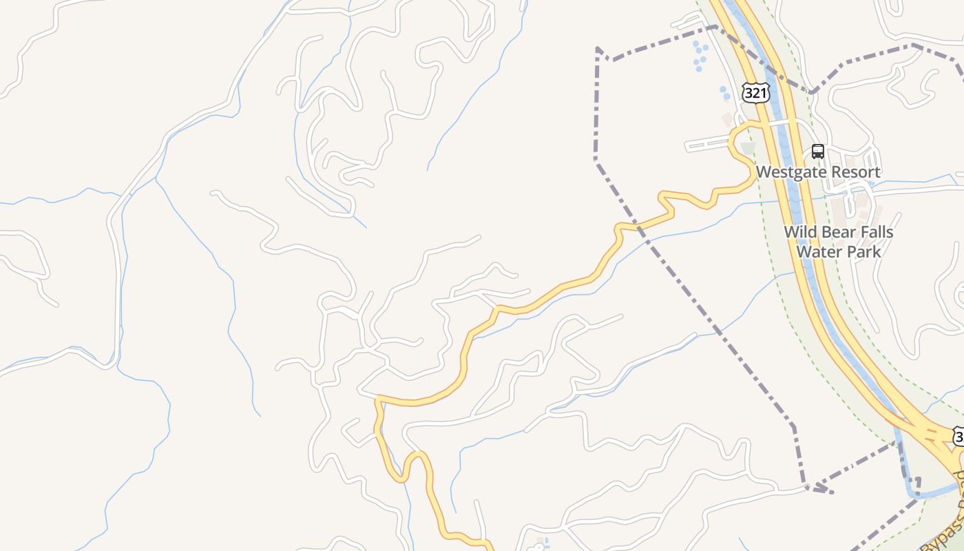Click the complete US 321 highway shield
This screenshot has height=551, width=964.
tap(756, 93)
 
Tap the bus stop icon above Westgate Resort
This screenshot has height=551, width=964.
tap(818, 152)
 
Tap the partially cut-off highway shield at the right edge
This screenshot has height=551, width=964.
tap(958, 436)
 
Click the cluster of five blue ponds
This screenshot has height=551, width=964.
tap(700, 56)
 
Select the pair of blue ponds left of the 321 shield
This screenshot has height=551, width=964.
tap(724, 93)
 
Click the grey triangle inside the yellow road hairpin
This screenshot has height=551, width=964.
tap(747, 148)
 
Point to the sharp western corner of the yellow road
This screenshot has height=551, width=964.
tap(377, 398)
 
